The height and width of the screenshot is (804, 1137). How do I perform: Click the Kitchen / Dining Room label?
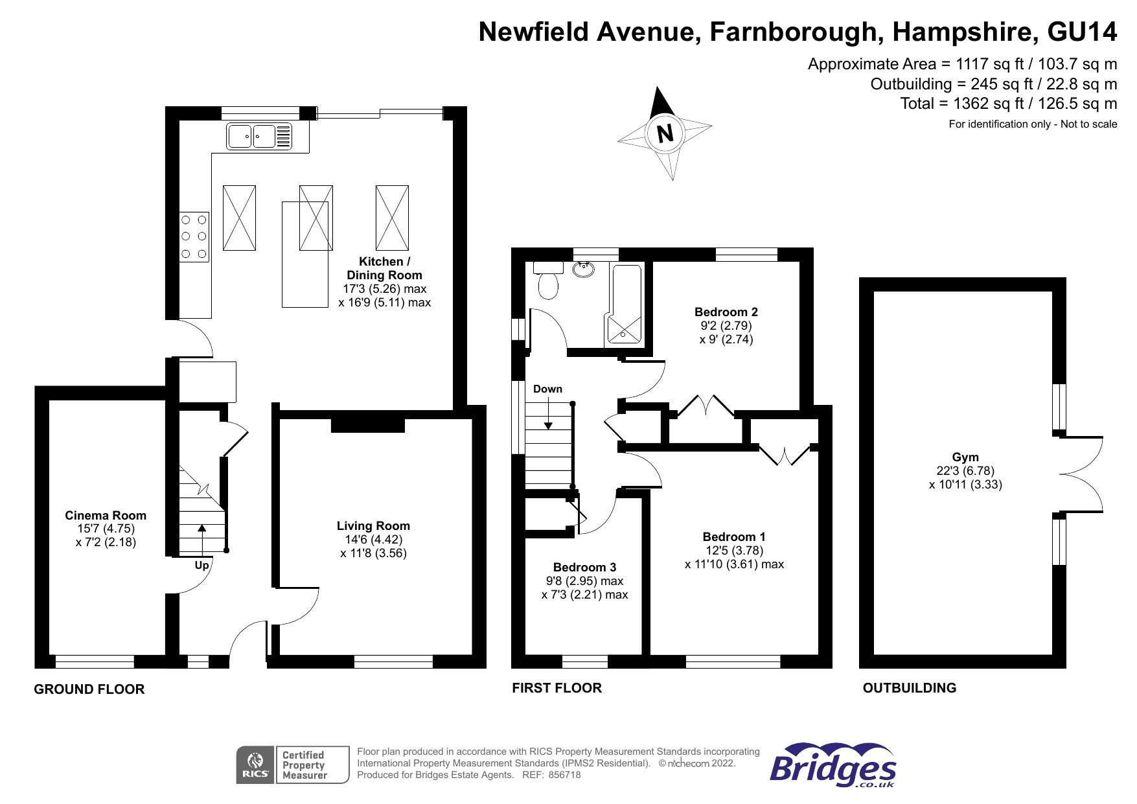(384, 268)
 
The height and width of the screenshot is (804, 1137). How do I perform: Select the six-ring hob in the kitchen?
(194, 237)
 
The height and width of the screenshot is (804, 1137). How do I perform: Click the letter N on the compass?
(665, 133)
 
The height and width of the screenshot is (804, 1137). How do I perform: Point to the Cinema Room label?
(106, 516)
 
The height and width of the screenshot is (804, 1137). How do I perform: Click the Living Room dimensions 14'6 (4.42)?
(373, 540)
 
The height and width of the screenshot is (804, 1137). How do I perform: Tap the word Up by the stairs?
(201, 566)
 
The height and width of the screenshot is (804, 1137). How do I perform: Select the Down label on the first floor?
(547, 389)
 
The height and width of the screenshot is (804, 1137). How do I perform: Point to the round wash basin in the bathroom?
(585, 268)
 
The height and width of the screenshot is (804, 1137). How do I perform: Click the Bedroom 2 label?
(726, 312)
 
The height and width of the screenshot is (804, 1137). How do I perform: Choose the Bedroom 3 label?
(584, 568)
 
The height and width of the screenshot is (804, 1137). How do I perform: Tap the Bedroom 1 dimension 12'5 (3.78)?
(734, 551)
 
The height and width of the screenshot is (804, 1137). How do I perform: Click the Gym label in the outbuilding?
(965, 457)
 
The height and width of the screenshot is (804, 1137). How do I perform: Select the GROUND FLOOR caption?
(89, 689)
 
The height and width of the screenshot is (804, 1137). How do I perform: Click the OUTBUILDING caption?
(909, 688)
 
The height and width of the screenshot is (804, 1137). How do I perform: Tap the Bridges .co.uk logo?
(833, 765)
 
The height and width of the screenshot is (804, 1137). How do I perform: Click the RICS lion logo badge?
(255, 765)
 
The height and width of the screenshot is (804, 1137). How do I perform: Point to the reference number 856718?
(564, 775)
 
